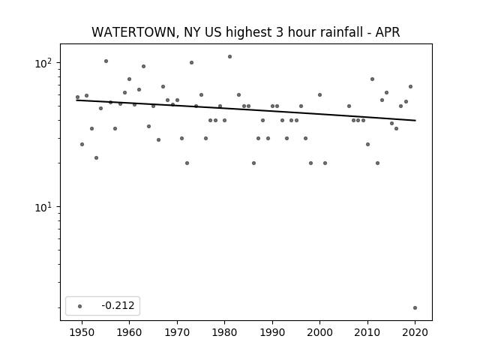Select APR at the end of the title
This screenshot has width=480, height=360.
tap(388, 32)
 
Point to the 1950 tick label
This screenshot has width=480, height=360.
tap(82, 333)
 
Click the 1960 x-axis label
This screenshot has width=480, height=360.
tap(129, 333)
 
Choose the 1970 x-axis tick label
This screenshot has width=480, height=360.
tap(177, 333)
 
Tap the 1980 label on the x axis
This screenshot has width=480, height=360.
tap(224, 333)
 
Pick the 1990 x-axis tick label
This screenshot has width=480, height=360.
tap(272, 333)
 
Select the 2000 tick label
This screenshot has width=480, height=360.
tap(319, 333)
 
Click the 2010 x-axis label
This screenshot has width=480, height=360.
tap(367, 333)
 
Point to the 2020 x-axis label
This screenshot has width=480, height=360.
tap(415, 333)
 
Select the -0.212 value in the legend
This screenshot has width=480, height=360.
tap(118, 305)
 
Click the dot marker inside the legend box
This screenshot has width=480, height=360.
tap(79, 306)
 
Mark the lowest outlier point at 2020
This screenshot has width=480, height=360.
tap(415, 308)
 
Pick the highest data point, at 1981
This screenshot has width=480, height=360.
tap(229, 57)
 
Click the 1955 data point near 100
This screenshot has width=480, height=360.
tap(106, 61)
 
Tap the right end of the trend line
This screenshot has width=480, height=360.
tap(415, 120)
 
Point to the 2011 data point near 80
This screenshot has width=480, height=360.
tap(372, 79)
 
